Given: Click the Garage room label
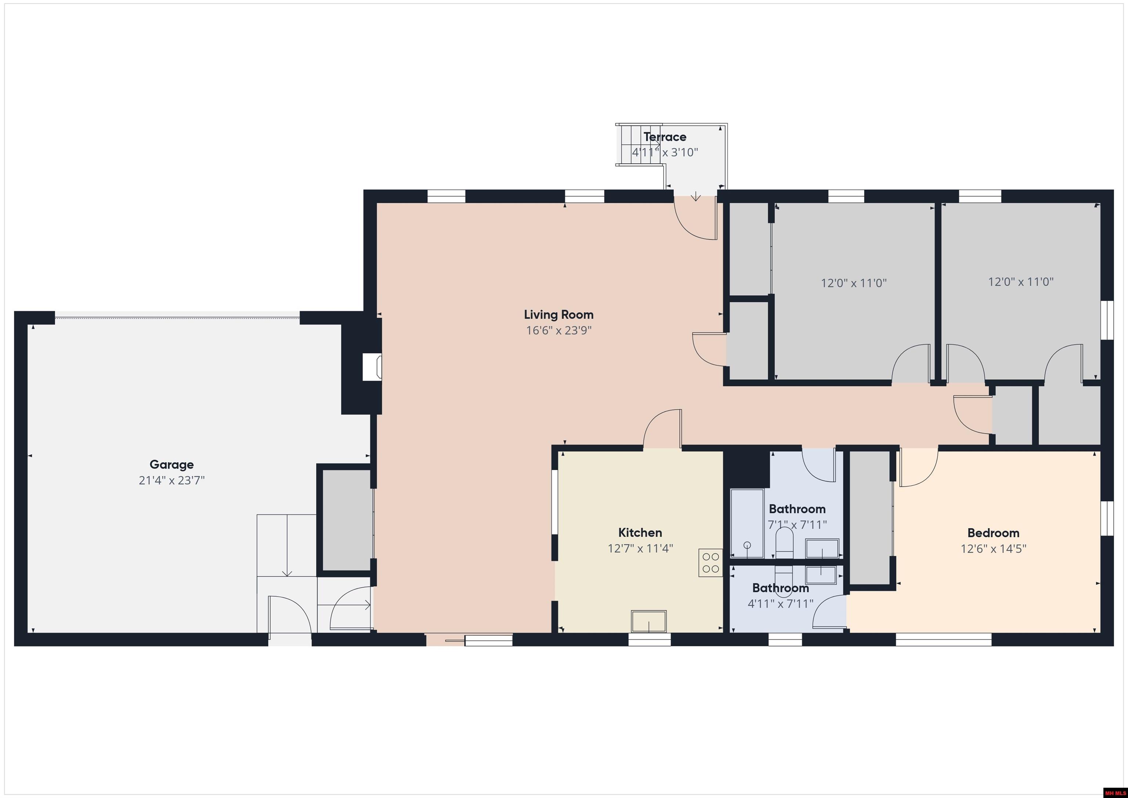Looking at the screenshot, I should tap(171, 464).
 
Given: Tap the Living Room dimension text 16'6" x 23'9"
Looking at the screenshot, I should tap(558, 330).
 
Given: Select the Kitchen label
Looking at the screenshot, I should tap(640, 532).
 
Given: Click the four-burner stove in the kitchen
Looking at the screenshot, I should tap(711, 563).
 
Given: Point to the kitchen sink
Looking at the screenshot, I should tap(648, 622).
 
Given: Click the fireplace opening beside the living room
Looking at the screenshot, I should tap(372, 367).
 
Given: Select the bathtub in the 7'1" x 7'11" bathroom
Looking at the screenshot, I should tap(747, 523).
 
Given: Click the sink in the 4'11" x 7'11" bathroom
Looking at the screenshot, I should tap(821, 575).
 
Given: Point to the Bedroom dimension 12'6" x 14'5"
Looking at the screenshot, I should tap(993, 548).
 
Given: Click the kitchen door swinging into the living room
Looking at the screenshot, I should tap(662, 429).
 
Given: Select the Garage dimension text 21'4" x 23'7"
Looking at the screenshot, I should tap(171, 480).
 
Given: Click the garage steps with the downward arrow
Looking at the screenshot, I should tap(286, 545).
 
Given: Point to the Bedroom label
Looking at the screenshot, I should tap(993, 532).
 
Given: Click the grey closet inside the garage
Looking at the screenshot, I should tap(346, 520).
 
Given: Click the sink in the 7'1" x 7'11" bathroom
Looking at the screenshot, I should tap(822, 548).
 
